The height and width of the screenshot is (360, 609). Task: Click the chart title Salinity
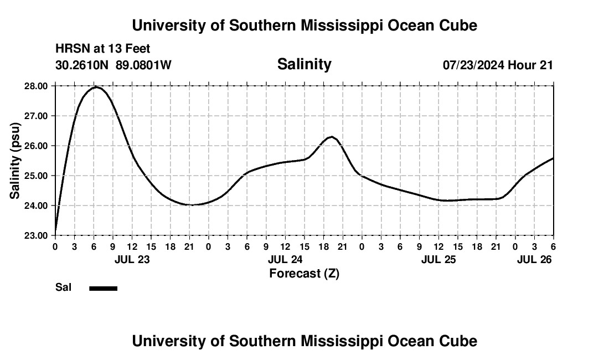(304, 64)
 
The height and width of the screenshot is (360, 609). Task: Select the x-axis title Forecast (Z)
(304, 273)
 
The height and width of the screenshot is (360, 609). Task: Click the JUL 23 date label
(132, 259)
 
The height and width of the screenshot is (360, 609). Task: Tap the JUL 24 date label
(285, 259)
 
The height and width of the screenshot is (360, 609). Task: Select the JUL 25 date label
(438, 259)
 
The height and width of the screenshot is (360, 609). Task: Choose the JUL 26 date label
(534, 259)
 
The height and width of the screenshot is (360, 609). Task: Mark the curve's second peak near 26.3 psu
(331, 136)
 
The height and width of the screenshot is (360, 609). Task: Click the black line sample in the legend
(103, 288)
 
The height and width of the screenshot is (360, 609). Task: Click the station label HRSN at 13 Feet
(102, 49)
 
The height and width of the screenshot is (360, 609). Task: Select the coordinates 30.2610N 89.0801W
(113, 65)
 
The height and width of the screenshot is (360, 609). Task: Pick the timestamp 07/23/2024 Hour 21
(498, 65)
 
